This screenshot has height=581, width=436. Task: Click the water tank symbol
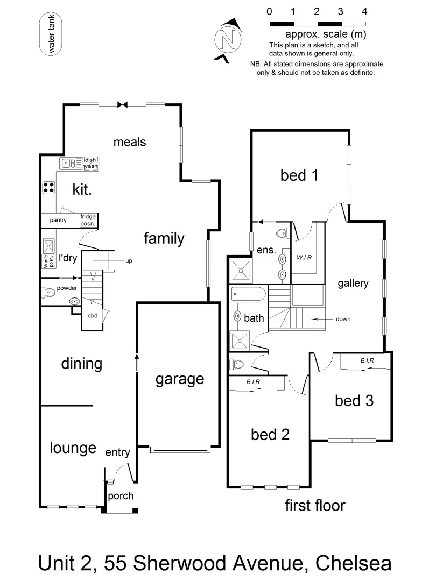point(52,34)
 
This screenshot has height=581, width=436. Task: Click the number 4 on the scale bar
point(364,11)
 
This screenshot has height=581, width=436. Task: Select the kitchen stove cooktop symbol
point(49,187)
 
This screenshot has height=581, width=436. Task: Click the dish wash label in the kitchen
point(90,163)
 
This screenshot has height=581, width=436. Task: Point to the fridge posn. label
point(88,220)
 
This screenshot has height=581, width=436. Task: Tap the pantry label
point(58,221)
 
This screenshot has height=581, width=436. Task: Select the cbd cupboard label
point(93,315)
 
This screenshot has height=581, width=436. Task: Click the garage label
point(179,379)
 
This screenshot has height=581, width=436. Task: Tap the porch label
point(121,495)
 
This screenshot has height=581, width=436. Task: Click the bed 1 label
point(299,175)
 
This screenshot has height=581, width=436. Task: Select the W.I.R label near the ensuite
point(304,257)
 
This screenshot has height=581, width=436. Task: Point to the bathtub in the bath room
point(248,295)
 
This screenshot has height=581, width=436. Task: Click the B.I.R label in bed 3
point(367,360)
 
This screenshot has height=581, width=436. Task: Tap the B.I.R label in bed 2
point(254,382)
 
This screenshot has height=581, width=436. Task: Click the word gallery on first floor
point(353,283)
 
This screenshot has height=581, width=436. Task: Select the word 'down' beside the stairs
point(343,319)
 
